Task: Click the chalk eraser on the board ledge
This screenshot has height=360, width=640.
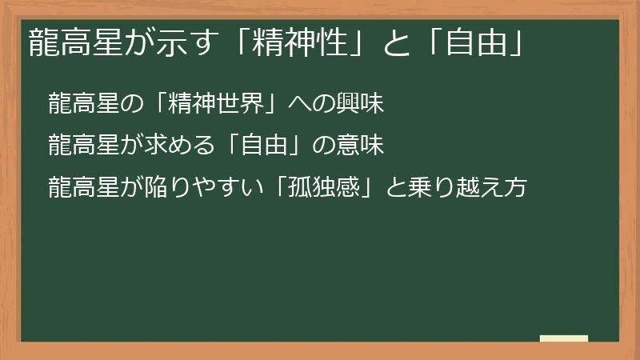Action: click(x=563, y=338)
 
